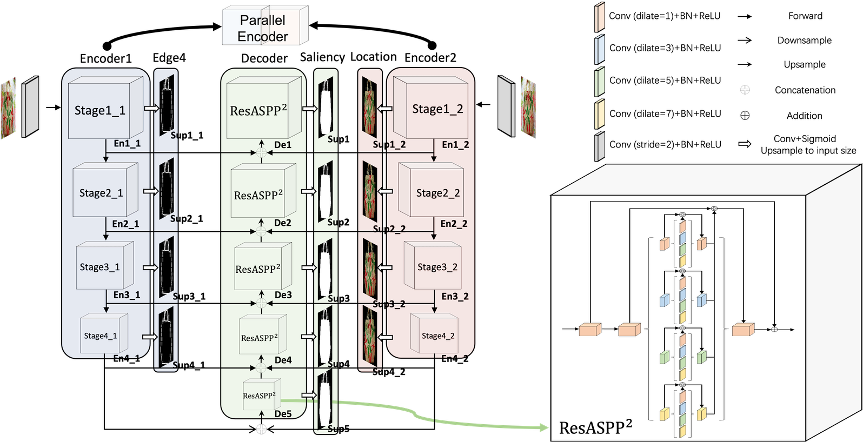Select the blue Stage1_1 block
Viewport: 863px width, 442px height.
[101, 111]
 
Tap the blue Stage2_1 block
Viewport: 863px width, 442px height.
[102, 193]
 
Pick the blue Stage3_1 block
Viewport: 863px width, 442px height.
[101, 267]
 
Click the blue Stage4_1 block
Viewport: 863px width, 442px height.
[101, 336]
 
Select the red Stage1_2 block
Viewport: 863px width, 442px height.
[437, 109]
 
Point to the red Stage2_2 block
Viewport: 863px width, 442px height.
[437, 193]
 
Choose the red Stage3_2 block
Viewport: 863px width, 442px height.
[437, 267]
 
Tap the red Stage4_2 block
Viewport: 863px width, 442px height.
[437, 336]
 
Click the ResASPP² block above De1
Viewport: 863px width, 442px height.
[258, 111]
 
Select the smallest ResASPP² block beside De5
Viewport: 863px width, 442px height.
[260, 396]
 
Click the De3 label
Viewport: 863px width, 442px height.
[283, 295]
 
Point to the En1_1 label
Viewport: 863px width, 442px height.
[127, 143]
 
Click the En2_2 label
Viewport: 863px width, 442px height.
[454, 224]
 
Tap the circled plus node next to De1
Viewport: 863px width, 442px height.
[261, 152]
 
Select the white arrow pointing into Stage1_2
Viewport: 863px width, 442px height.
[385, 109]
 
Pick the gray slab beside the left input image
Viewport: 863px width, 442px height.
[30, 107]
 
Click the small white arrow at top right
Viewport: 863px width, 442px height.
[745, 144]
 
